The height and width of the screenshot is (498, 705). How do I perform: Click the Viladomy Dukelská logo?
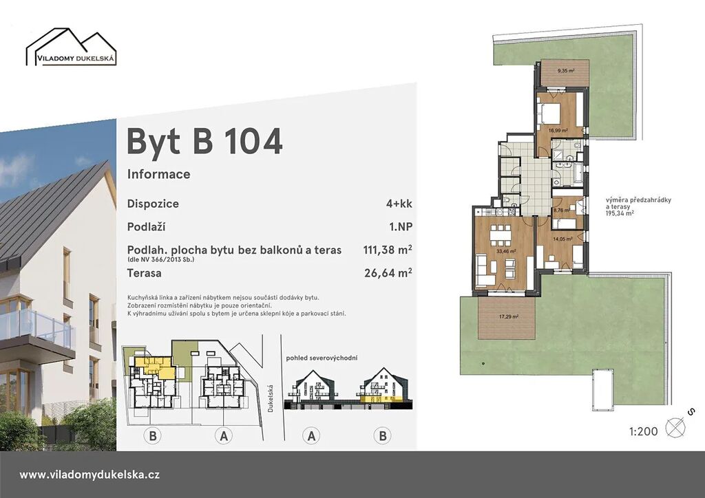click(71, 47)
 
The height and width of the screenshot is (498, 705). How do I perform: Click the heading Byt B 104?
click(204, 142)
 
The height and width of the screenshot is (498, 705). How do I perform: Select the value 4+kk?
click(399, 204)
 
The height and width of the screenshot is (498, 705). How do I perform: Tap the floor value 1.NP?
click(401, 227)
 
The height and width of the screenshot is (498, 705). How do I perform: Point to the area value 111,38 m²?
click(388, 249)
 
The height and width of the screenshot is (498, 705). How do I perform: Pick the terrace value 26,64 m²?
click(388, 272)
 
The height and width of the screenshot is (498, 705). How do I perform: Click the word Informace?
click(159, 174)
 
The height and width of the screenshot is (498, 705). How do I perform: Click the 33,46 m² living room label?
click(506, 252)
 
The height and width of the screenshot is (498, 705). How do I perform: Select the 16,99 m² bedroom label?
click(558, 131)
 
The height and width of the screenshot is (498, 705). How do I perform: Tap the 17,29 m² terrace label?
click(509, 316)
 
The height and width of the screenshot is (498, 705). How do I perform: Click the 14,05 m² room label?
click(563, 239)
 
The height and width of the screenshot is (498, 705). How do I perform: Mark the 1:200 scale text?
click(644, 431)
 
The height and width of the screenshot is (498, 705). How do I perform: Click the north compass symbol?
click(675, 427)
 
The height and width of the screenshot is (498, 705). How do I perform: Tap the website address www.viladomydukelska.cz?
click(90, 475)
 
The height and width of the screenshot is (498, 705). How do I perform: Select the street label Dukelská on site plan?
click(270, 398)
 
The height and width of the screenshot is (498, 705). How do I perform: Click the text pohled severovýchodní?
click(322, 358)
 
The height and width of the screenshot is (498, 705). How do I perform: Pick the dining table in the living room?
click(501, 234)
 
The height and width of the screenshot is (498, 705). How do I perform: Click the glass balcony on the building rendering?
click(36, 325)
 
